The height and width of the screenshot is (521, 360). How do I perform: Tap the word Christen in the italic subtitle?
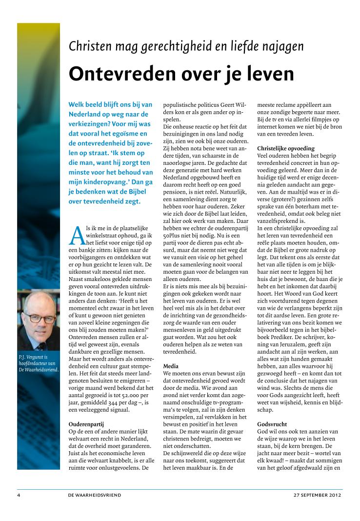point(89,46)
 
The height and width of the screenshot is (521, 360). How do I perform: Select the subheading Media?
point(171,365)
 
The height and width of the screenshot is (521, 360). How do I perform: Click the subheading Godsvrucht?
point(271,424)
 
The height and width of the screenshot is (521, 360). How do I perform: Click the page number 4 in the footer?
point(19,495)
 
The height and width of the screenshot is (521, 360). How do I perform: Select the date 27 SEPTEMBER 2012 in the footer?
point(318,495)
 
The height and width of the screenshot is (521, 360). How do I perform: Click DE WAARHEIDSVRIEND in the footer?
point(95,495)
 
